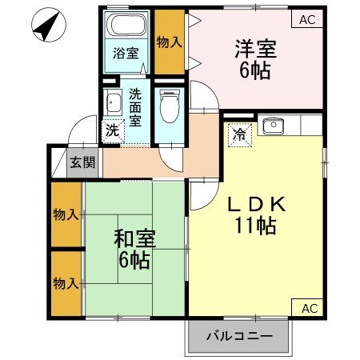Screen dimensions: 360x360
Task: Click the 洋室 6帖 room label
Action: click(256, 58)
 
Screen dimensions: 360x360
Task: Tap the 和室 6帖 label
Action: click(134, 248)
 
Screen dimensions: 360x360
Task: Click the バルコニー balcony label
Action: click(238, 336)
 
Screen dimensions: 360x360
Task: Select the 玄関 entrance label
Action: click(82, 162)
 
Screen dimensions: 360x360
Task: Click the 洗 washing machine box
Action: click(113, 130)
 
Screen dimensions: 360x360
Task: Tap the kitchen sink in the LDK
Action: click(273, 125)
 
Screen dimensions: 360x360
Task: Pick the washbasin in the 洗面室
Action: click(113, 102)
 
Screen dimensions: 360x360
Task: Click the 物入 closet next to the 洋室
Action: click(168, 42)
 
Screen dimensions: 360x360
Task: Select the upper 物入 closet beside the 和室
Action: click(66, 214)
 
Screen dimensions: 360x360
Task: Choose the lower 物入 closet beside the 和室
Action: click(66, 282)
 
